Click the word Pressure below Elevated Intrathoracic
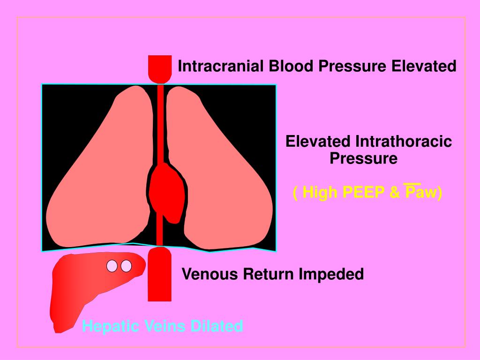coord(363,158)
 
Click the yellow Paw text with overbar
coord(421,192)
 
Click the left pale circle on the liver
coord(112,266)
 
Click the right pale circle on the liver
coord(126,266)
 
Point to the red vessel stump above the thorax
coord(159,68)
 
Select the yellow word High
coord(317,192)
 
